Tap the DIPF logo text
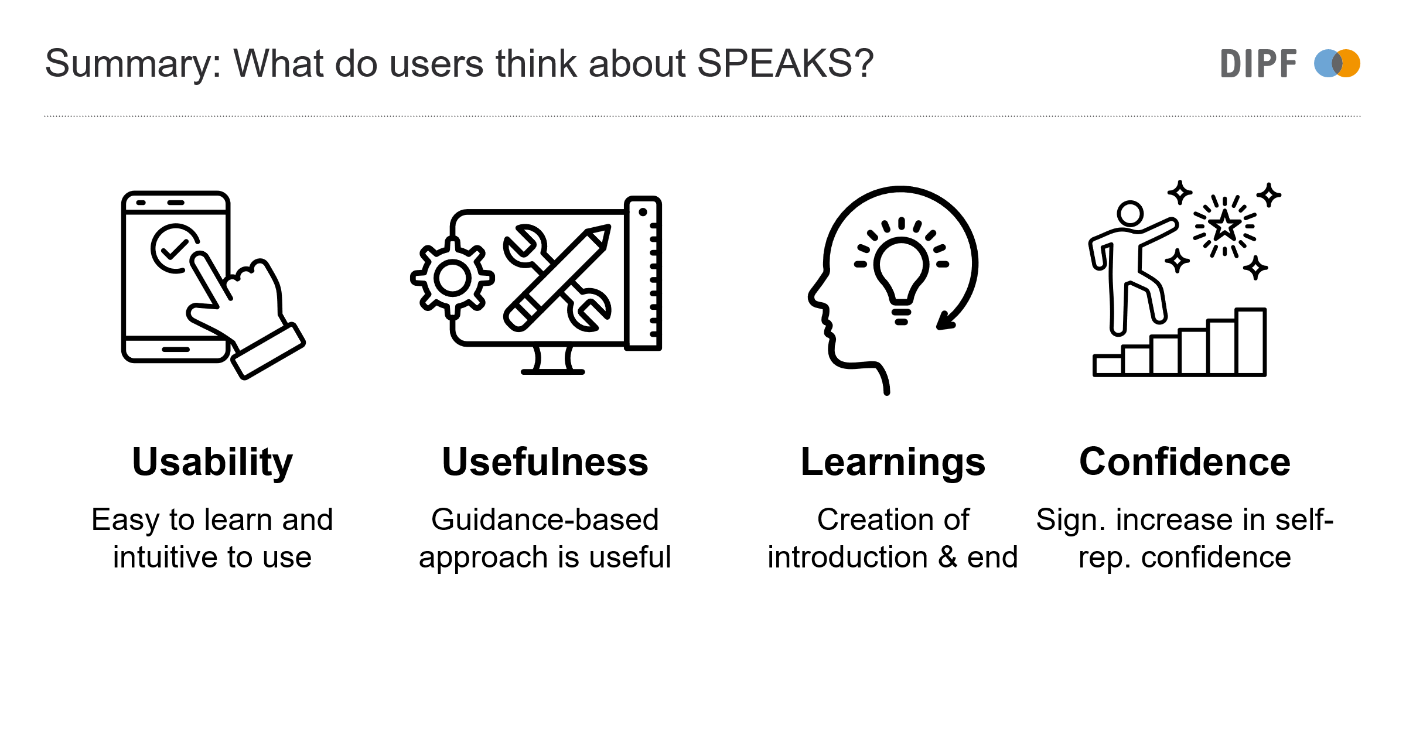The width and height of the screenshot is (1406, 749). point(1258,64)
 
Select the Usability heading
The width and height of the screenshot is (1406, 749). point(212,463)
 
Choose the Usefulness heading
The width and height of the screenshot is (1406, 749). point(545,461)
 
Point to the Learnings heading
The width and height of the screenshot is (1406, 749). point(893,463)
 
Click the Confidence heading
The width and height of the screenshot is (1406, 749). point(1185,461)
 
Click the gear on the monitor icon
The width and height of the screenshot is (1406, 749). point(452,278)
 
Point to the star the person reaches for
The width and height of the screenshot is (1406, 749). point(1224,225)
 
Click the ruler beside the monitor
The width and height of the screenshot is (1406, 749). point(643,273)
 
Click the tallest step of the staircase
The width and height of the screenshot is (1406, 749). point(1251,341)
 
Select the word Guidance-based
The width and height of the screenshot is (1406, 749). point(545,519)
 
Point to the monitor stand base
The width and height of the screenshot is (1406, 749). point(553,372)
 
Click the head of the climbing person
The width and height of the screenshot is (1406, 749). point(1130,214)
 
